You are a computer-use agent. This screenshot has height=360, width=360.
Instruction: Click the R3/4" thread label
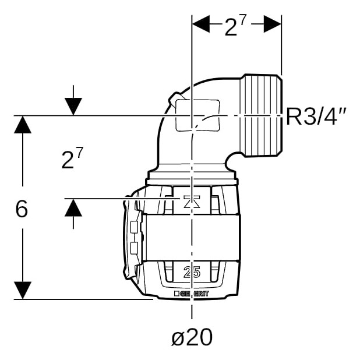pyautogui.click(x=316, y=117)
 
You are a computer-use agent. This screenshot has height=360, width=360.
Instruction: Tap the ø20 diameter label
pyautogui.click(x=192, y=337)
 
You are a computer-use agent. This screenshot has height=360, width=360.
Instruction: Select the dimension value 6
pyautogui.click(x=22, y=209)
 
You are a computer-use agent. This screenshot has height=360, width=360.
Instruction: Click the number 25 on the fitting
pyautogui.click(x=192, y=272)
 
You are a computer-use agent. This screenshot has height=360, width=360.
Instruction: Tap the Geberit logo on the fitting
pyautogui.click(x=192, y=294)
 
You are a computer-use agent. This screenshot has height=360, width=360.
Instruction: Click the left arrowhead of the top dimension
pyautogui.click(x=201, y=24)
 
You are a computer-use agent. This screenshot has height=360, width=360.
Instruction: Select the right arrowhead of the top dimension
pyautogui.click(x=272, y=24)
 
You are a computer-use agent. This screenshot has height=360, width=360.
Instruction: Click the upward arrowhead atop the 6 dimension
pyautogui.click(x=23, y=125)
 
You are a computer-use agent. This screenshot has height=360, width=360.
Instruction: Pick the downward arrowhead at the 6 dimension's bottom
pyautogui.click(x=23, y=290)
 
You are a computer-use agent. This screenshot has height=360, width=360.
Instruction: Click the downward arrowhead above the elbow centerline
pyautogui.click(x=73, y=106)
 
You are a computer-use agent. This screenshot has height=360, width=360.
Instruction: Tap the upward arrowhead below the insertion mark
pyautogui.click(x=73, y=207)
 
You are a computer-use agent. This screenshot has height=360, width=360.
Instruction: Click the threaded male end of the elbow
pyautogui.click(x=262, y=115)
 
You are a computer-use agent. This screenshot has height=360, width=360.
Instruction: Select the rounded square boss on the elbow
pyautogui.click(x=197, y=115)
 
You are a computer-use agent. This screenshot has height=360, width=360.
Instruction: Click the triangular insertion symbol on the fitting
pyautogui.click(x=192, y=202)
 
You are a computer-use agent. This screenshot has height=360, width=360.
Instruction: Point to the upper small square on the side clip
pyautogui.click(x=134, y=227)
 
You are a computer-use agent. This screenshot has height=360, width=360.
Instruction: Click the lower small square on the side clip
pyautogui.click(x=134, y=248)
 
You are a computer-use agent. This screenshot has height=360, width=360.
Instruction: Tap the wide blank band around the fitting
pyautogui.click(x=191, y=238)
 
